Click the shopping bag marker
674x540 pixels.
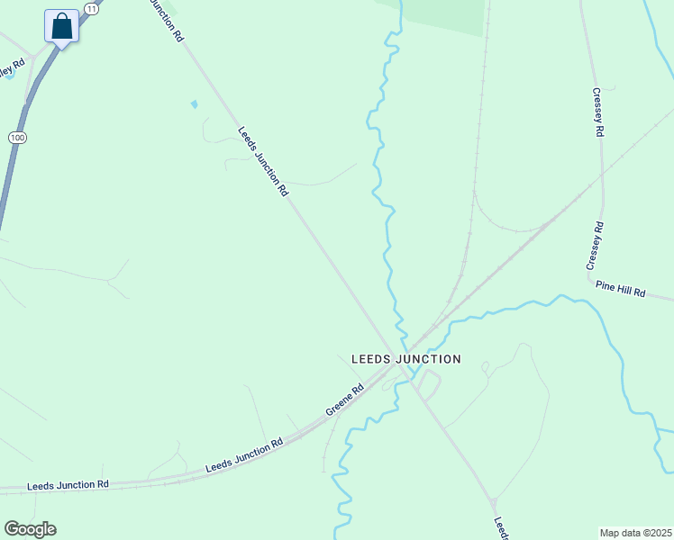61,26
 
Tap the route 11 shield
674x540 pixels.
91,7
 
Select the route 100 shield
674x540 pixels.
16,137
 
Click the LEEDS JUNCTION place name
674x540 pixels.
405,359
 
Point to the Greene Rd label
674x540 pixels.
345,402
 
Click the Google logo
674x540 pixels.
30,529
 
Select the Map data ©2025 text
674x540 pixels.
636,533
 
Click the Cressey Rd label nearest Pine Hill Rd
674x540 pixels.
593,245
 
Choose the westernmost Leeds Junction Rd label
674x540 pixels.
68,484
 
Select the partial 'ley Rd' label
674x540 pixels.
11,68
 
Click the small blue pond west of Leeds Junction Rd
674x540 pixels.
194,104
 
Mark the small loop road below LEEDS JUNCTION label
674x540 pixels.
429,386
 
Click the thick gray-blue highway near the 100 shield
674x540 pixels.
9,180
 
